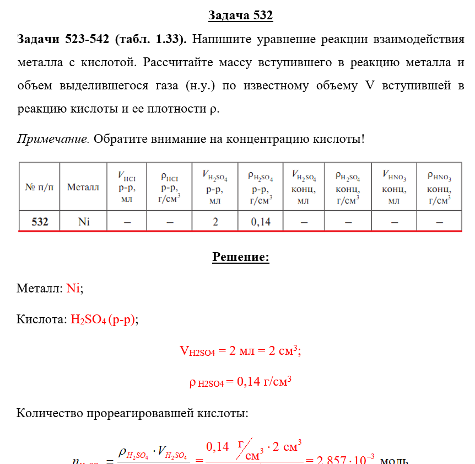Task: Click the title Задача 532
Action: tap(240, 15)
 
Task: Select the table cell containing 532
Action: tap(39, 222)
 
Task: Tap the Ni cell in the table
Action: tap(84, 222)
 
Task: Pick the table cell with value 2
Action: tap(215, 222)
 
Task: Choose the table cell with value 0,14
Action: tap(260, 222)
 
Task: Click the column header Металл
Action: tap(83, 187)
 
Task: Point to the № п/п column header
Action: tap(39, 187)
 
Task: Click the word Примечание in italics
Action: tap(53, 138)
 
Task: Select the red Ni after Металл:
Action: tap(73, 288)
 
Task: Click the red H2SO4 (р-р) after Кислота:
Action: tap(102, 319)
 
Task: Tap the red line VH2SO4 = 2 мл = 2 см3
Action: tap(240, 350)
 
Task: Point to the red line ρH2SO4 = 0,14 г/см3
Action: tap(240, 381)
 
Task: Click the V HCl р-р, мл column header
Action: tap(127, 187)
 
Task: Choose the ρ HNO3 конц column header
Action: tap(439, 187)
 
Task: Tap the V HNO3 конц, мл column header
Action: tap(394, 187)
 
